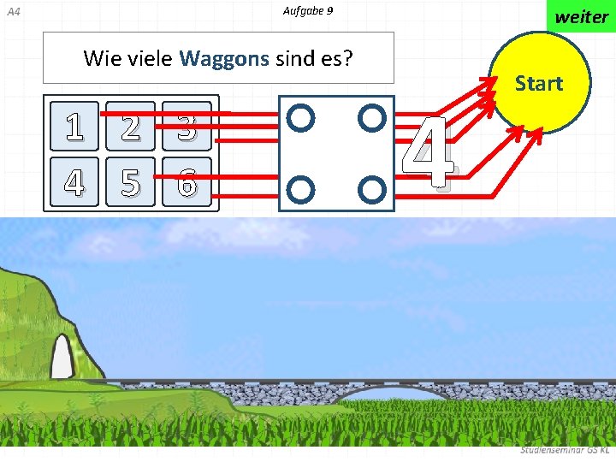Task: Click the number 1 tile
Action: [x=74, y=127]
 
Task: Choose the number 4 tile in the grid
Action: [x=74, y=181]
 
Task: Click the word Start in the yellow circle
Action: [x=538, y=84]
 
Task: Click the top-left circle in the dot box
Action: [x=301, y=117]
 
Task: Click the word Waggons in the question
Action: [x=224, y=59]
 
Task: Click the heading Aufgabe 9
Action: [x=307, y=11]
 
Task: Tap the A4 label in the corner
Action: [x=12, y=12]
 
